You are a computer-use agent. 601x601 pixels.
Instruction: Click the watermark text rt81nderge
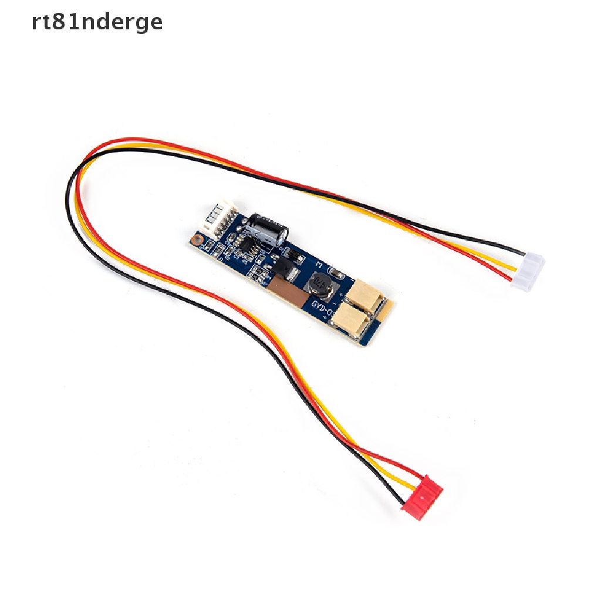click(x=97, y=22)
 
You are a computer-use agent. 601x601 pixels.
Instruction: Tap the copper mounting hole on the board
click(x=198, y=240)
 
